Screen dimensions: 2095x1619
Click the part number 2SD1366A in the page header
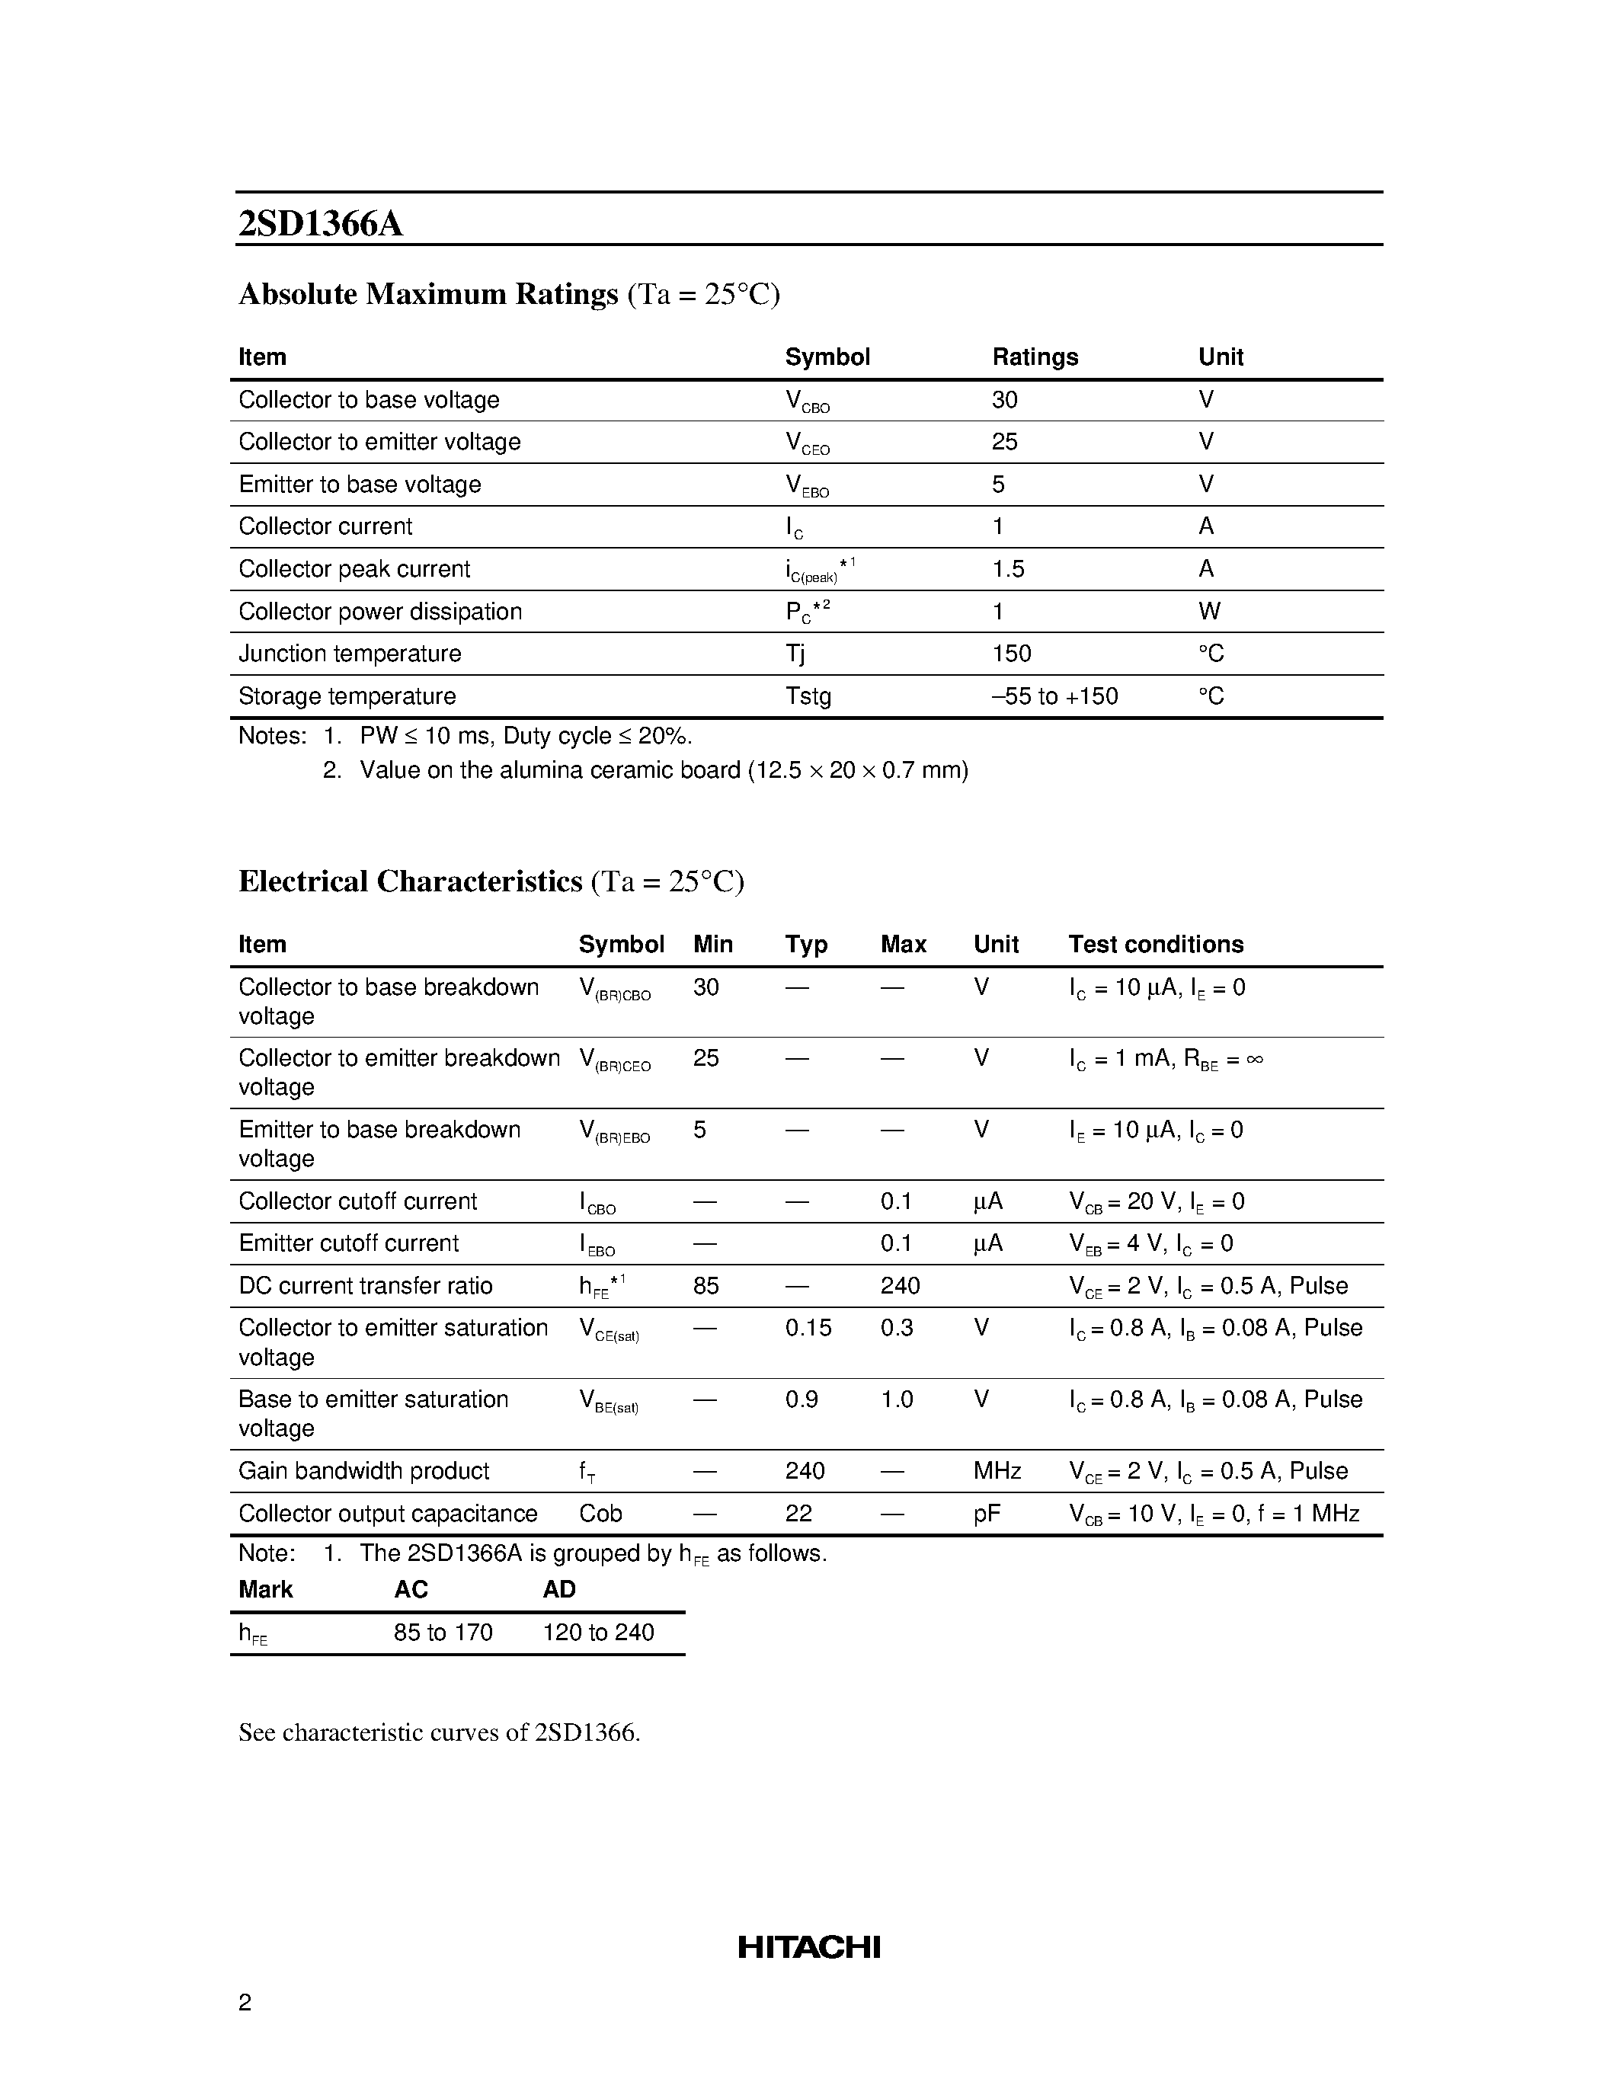[320, 223]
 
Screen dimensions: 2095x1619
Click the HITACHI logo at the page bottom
[808, 1946]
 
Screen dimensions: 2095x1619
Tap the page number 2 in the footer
[245, 2002]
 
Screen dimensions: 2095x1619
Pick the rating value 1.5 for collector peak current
[1008, 569]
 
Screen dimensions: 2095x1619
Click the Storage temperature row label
[347, 696]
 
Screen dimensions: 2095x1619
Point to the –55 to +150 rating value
[1055, 696]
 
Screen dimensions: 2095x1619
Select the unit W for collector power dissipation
[1209, 611]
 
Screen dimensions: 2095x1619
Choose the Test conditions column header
[1156, 944]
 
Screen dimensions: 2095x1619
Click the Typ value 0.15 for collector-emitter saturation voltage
[808, 1328]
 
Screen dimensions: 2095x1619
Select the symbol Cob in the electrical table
[600, 1513]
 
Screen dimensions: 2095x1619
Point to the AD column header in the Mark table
[559, 1589]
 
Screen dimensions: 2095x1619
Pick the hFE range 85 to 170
[443, 1632]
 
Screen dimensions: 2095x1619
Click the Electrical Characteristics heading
[411, 881]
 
